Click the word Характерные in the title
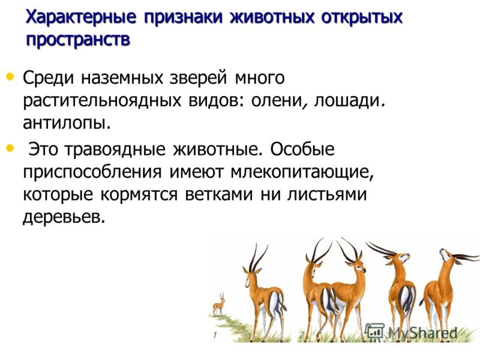(81, 17)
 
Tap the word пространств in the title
(79, 40)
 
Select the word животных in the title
(272, 17)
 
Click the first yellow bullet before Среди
(10, 76)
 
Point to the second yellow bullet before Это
(10, 148)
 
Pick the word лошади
(349, 100)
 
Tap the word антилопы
(67, 124)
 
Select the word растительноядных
(102, 100)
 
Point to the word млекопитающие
(302, 172)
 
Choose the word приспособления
(92, 172)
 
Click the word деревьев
(64, 218)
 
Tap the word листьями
(326, 194)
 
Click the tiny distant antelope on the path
(219, 304)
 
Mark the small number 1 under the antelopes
(215, 335)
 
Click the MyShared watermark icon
(375, 332)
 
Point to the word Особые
(302, 149)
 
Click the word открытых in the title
(362, 17)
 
